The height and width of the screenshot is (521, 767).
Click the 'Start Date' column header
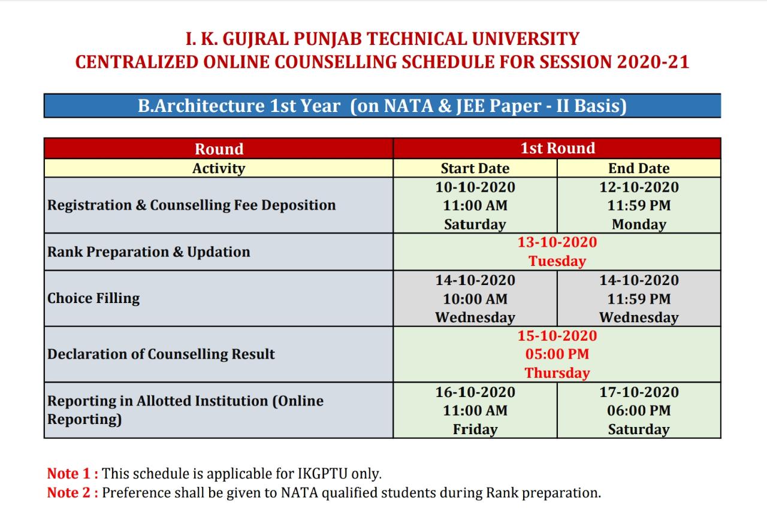click(x=475, y=168)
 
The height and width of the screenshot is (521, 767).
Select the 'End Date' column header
click(x=639, y=168)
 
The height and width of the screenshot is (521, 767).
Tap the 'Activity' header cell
click(x=219, y=168)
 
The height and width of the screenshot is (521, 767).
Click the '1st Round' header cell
click(x=557, y=149)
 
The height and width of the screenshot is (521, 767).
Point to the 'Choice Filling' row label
click(x=93, y=298)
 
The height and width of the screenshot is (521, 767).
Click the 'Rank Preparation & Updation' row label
click(x=149, y=252)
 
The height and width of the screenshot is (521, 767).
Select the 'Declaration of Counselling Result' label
click(x=161, y=354)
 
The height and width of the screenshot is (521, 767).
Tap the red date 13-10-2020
click(x=557, y=242)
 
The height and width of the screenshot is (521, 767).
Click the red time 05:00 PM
click(x=557, y=354)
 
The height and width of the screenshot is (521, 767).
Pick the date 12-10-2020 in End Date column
click(x=639, y=187)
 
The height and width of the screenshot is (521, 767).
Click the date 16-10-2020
click(x=475, y=392)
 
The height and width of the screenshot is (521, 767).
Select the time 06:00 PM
click(x=639, y=410)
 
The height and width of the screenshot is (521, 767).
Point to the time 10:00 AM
click(x=475, y=299)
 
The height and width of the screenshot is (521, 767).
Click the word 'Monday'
click(x=639, y=224)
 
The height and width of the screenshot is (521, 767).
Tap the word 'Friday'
click(x=475, y=429)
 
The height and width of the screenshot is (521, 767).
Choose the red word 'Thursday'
click(x=557, y=372)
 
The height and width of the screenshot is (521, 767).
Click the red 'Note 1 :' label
click(x=73, y=474)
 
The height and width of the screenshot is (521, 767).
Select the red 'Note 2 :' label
click(x=73, y=493)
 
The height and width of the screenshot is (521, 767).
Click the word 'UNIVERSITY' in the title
click(x=526, y=39)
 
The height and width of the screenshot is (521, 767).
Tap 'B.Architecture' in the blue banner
click(x=201, y=106)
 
